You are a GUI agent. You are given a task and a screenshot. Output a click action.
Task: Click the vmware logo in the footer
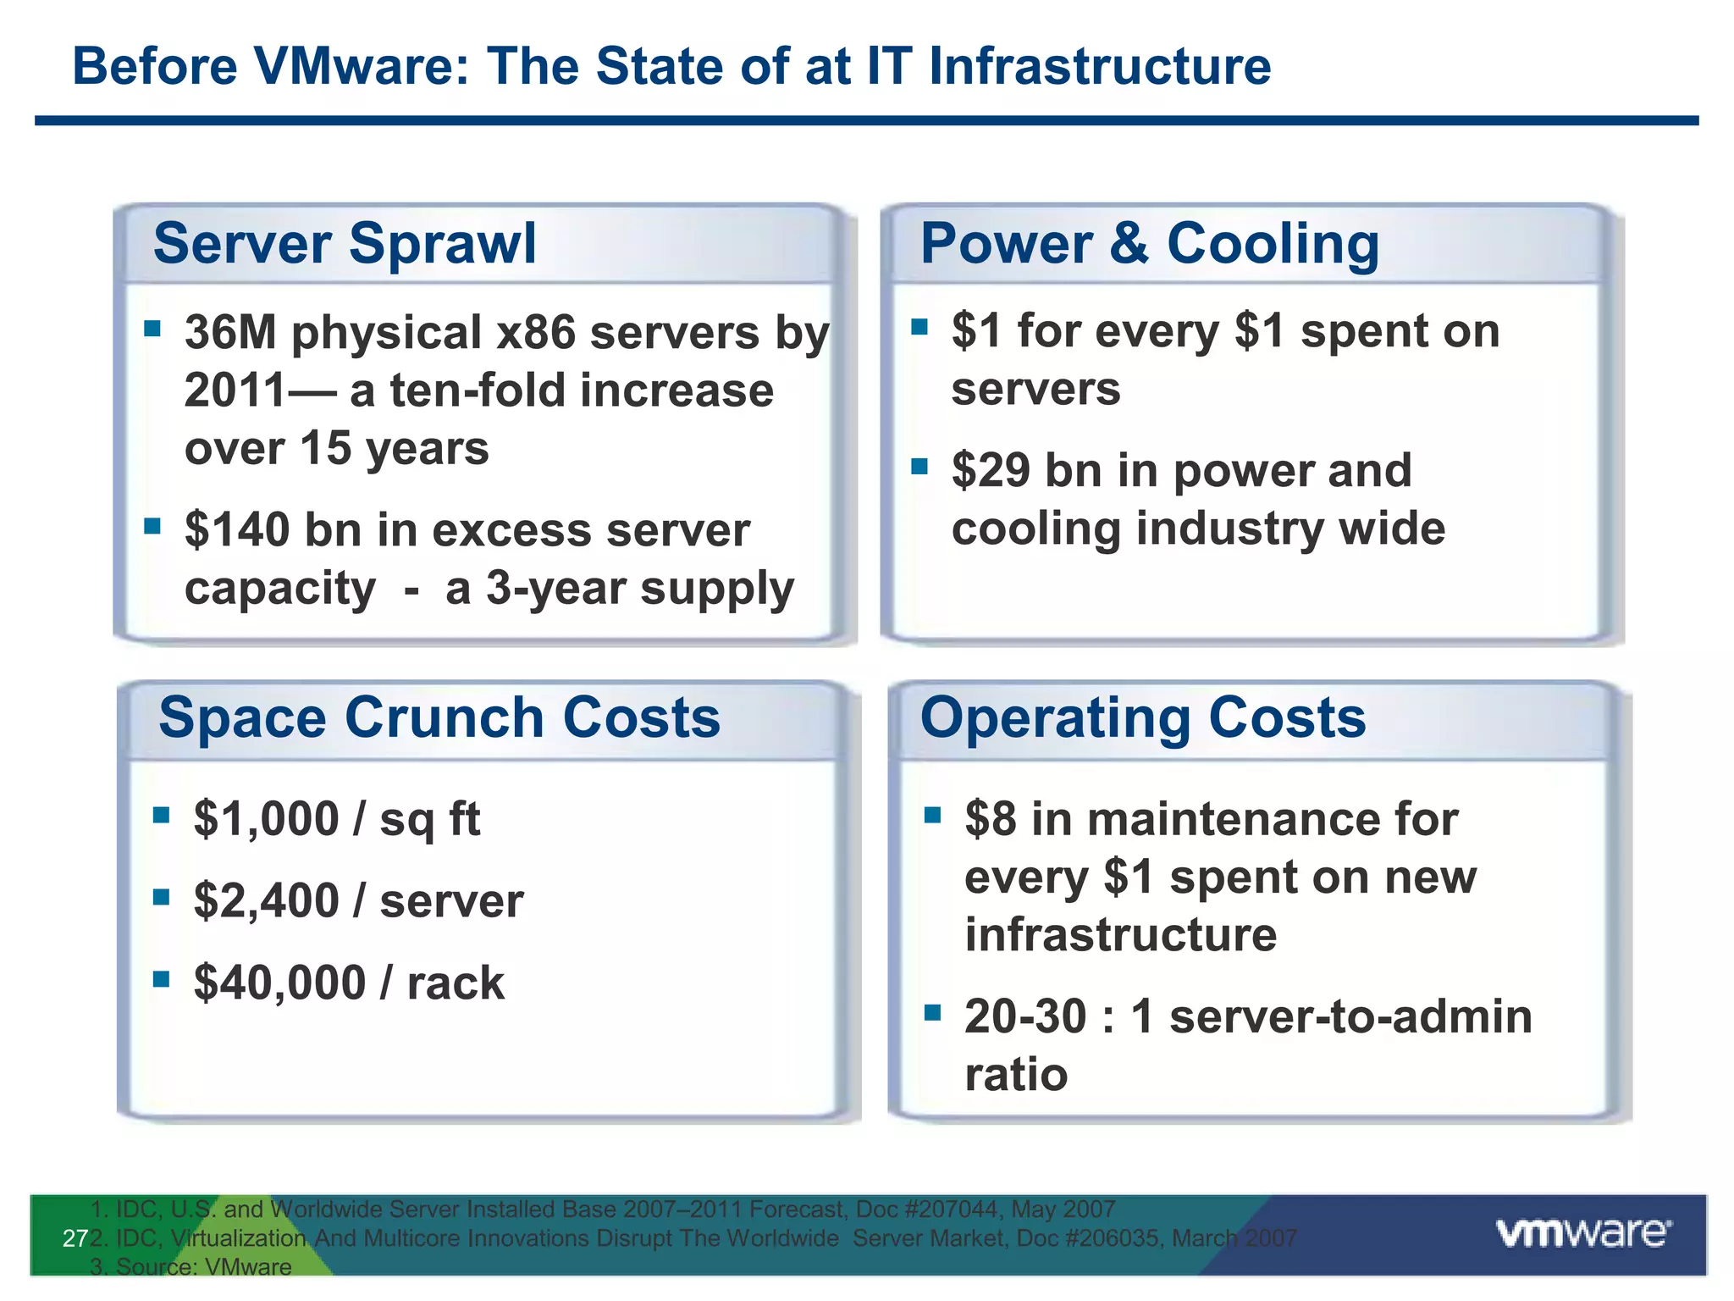click(1583, 1233)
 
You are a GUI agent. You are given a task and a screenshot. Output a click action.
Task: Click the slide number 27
click(75, 1239)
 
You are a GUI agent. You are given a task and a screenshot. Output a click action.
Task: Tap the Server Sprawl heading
click(345, 244)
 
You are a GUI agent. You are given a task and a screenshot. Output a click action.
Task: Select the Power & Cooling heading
click(1149, 244)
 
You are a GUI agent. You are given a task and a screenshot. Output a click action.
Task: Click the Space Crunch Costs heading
click(439, 717)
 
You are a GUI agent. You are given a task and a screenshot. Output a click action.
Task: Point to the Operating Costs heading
click(1143, 717)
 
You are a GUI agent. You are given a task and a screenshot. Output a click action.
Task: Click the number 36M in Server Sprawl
click(230, 332)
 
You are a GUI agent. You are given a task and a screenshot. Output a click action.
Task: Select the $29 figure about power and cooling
click(990, 470)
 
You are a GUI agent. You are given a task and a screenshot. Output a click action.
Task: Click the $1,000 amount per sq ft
click(266, 819)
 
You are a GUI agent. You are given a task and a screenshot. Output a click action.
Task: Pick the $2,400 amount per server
click(266, 900)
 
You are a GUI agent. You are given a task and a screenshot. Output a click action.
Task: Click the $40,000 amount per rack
click(279, 983)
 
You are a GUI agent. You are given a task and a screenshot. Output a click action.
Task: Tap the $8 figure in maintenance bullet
click(990, 819)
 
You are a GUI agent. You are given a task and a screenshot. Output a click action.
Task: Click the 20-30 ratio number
click(1024, 1016)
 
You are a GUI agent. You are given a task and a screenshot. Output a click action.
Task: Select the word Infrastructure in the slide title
click(1100, 66)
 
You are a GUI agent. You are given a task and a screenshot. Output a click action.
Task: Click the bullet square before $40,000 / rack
click(161, 979)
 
